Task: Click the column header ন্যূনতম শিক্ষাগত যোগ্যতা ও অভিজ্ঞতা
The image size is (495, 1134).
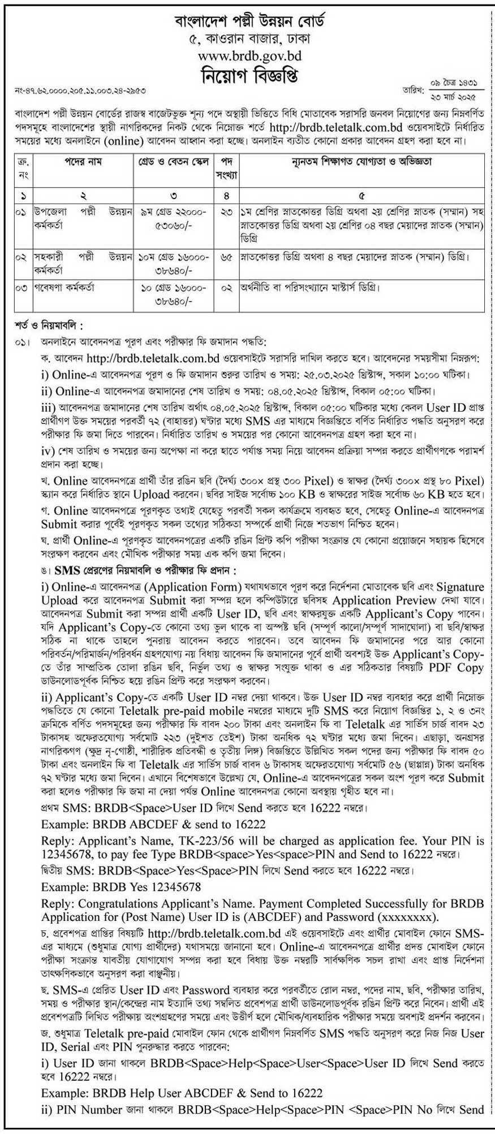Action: [362, 162]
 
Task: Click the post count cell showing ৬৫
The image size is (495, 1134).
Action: [226, 258]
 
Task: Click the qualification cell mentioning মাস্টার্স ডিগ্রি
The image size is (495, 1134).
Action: [309, 287]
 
